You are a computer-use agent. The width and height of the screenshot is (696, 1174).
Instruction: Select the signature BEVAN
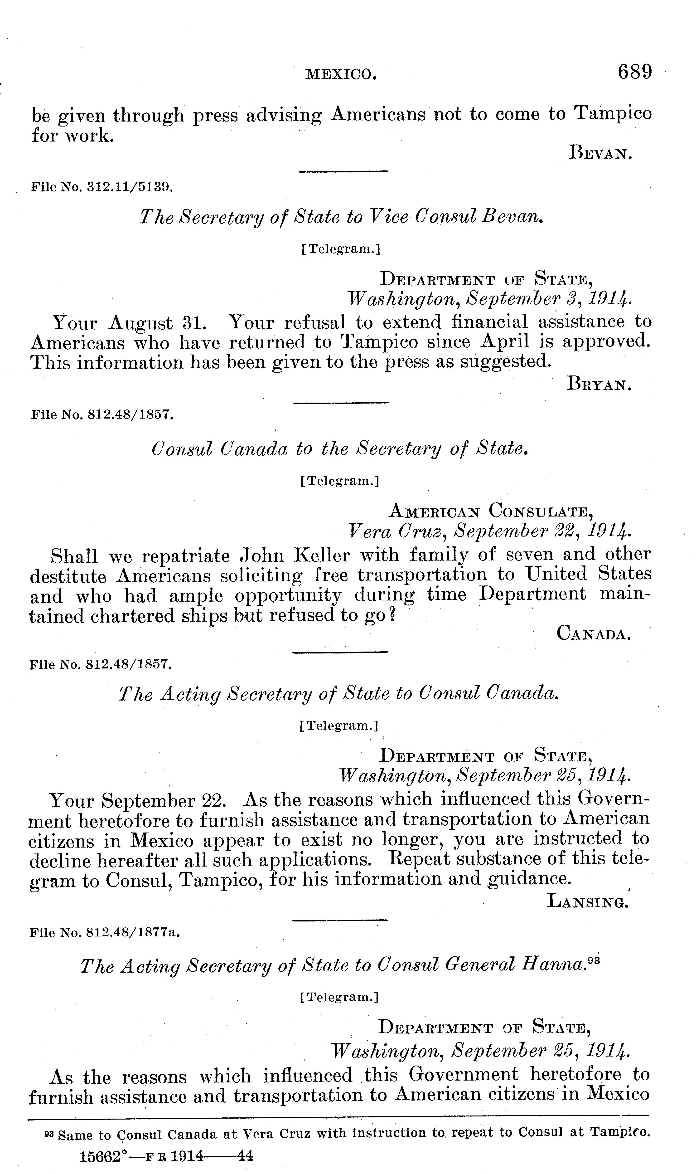pyautogui.click(x=600, y=153)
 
